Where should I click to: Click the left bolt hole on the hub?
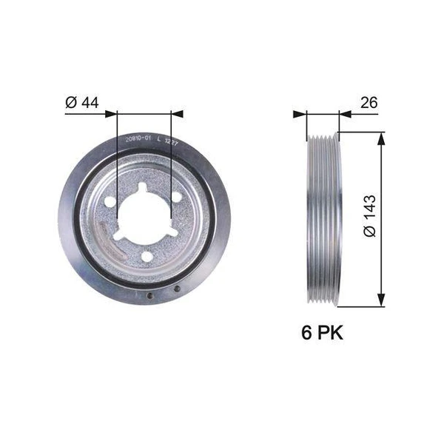[x=109, y=201]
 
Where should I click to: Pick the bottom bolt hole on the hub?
[x=146, y=257]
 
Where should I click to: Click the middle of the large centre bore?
[x=144, y=215]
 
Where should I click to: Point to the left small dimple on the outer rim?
[x=150, y=297]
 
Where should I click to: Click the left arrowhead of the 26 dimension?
[x=300, y=114]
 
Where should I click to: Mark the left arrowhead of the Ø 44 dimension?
[x=112, y=114]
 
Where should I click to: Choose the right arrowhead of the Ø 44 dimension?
[x=177, y=114]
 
